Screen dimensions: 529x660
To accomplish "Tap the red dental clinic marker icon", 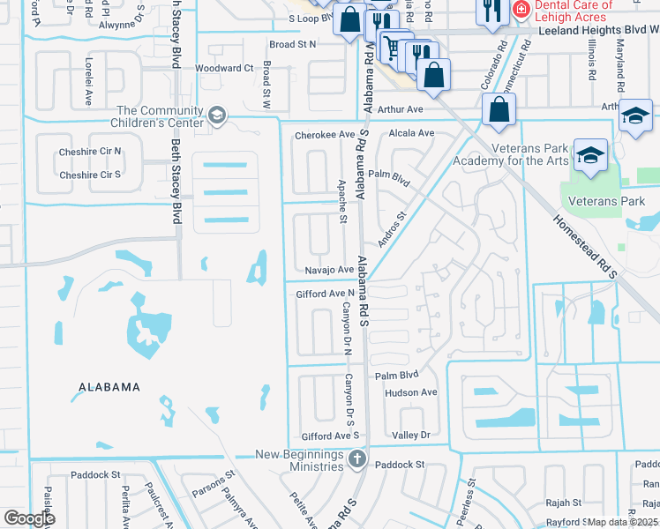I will [x=521, y=10].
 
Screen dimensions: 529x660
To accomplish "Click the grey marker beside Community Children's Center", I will [x=217, y=115].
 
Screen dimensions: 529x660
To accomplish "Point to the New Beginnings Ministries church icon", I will [x=356, y=458].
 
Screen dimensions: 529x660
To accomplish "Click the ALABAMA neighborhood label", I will [x=109, y=387].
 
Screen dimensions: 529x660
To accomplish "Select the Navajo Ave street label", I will [x=328, y=270].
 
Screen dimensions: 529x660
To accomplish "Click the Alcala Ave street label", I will [x=413, y=133].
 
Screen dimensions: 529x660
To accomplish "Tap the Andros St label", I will [x=392, y=227].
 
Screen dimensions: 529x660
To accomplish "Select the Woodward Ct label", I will [x=224, y=68].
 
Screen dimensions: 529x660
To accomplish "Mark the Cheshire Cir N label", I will [x=90, y=152].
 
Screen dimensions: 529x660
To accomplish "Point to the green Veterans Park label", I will [x=604, y=202].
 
